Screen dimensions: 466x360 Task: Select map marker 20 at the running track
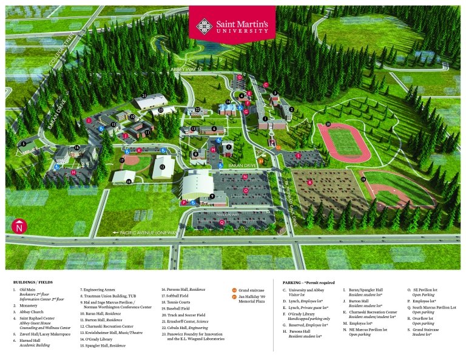[x=328, y=124]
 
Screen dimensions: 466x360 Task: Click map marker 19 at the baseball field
[x=363, y=180]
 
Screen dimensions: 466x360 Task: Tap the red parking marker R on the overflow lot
[x=309, y=182]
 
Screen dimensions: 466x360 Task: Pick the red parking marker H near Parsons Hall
[x=73, y=172]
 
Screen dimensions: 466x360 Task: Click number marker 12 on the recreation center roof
[x=162, y=166]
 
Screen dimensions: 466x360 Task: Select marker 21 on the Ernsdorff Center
[x=144, y=96]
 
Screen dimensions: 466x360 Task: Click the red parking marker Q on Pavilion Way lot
[x=222, y=222]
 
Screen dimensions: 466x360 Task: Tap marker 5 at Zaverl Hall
[x=24, y=144]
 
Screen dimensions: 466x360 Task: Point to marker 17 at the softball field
[x=122, y=160]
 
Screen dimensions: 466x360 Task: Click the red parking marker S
[x=298, y=156]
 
